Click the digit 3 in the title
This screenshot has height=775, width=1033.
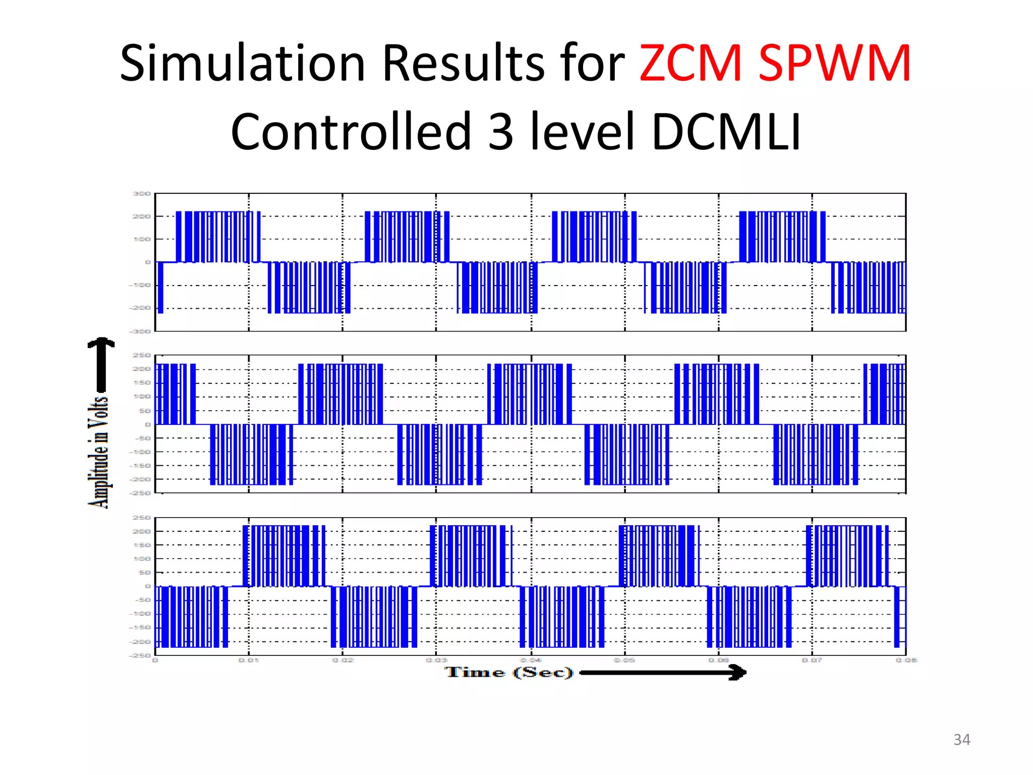(501, 132)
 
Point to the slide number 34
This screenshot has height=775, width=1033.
(961, 740)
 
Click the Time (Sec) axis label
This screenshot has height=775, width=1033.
(509, 673)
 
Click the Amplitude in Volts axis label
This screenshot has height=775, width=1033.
(99, 452)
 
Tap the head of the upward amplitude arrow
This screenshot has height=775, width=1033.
(101, 344)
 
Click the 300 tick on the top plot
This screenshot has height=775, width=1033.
(142, 194)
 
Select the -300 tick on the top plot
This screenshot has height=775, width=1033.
(140, 331)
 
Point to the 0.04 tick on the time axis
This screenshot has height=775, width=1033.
(531, 660)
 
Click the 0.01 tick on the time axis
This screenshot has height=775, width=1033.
(249, 660)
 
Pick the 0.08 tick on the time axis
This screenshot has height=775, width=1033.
(906, 660)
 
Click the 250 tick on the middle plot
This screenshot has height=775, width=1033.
(142, 355)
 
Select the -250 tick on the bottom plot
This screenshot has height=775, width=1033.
(140, 655)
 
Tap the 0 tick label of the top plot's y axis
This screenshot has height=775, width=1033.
(148, 262)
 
